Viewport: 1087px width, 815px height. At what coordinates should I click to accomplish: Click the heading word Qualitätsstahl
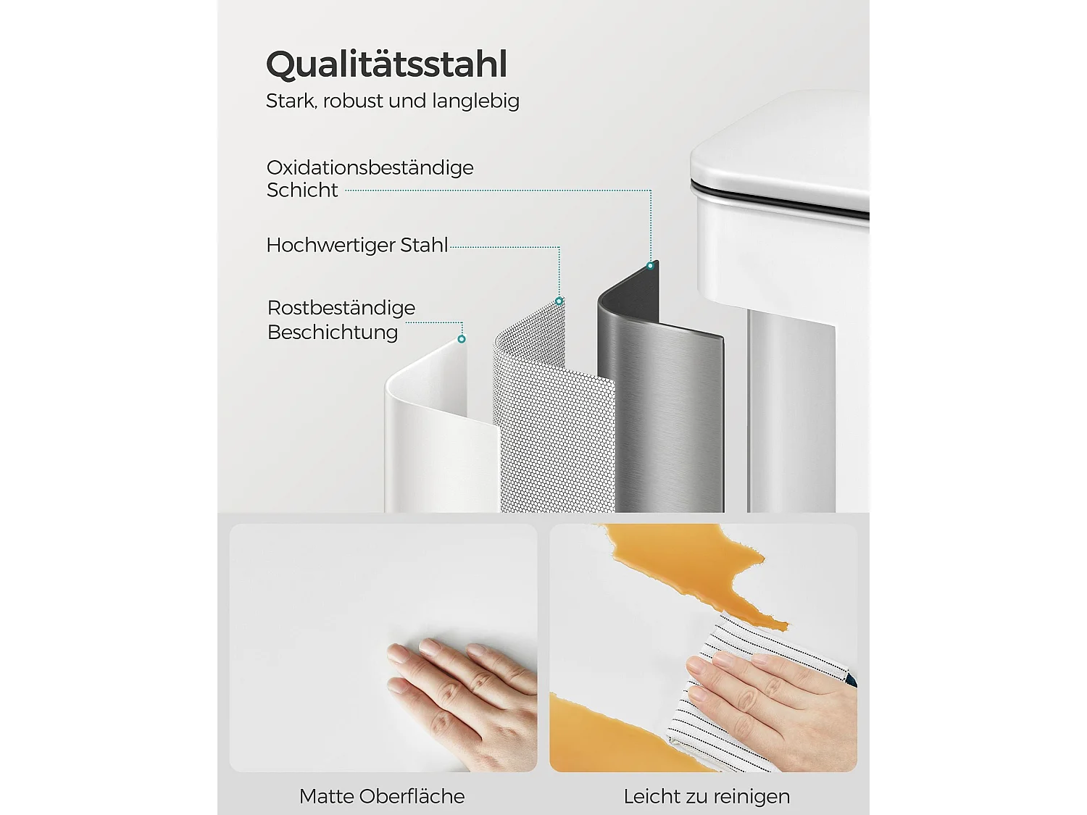click(x=387, y=64)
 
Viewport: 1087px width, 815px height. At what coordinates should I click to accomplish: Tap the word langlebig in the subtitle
click(x=475, y=101)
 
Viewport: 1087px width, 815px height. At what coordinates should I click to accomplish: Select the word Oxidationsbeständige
click(x=370, y=168)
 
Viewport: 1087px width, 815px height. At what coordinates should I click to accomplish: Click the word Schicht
click(x=302, y=190)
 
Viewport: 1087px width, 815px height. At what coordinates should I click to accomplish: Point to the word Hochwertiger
click(x=330, y=246)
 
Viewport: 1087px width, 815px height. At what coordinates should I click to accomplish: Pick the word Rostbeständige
click(x=341, y=309)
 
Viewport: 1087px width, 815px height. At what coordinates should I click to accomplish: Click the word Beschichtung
click(x=333, y=333)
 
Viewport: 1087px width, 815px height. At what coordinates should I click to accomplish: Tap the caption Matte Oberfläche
click(x=382, y=797)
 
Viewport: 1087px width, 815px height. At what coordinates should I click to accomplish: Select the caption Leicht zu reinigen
click(x=707, y=797)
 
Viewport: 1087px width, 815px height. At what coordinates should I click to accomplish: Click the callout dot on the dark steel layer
click(x=650, y=266)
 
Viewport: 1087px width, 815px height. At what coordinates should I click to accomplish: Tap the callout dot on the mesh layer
click(x=559, y=301)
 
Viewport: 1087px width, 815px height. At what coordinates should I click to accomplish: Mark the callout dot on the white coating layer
click(x=462, y=339)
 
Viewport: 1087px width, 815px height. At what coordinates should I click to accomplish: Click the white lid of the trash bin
click(x=780, y=154)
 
